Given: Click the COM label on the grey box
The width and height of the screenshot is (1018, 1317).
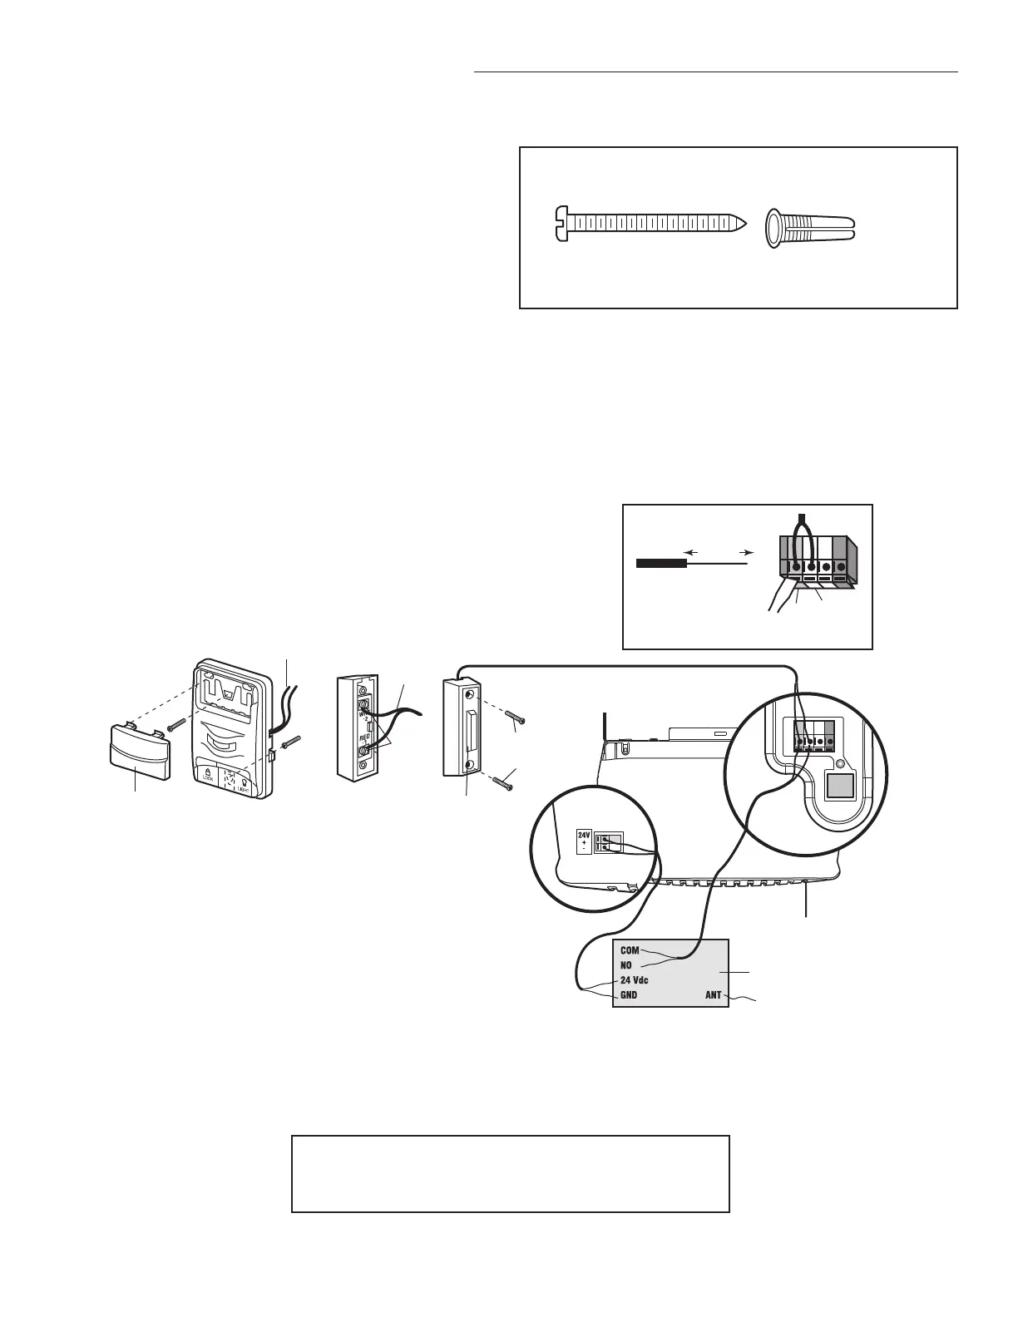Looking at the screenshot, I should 630,950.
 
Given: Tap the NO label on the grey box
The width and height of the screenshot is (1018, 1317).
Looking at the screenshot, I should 626,965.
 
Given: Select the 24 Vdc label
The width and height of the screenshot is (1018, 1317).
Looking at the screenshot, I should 635,980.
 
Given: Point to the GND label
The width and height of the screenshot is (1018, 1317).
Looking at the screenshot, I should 630,995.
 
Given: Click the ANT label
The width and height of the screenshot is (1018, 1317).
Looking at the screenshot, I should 713,995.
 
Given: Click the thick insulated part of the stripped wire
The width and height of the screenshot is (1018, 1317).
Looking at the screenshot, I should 660,563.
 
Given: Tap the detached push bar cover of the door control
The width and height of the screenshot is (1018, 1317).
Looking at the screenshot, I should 140,752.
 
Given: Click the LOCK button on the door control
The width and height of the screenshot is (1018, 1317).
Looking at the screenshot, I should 205,777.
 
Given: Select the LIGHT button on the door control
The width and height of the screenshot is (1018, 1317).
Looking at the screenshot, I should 248,777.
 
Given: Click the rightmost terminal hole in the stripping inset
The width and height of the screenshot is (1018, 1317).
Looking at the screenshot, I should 840,568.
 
